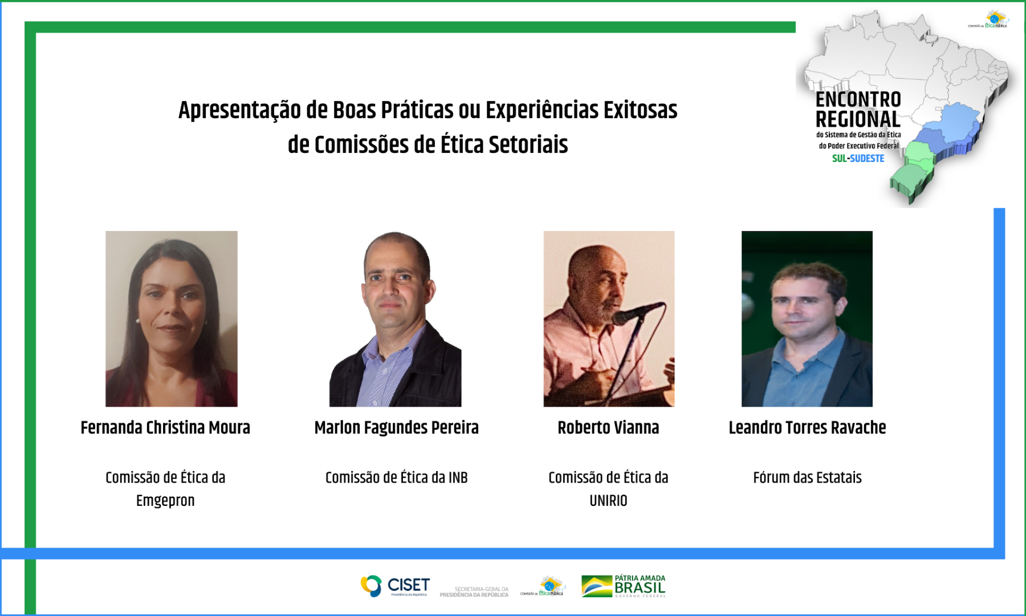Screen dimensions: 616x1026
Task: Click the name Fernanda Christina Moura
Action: (x=165, y=428)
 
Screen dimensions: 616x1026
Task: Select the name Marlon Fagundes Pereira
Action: (x=396, y=428)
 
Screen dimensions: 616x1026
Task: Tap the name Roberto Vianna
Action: (x=608, y=428)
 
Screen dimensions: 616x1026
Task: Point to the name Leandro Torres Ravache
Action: (x=807, y=428)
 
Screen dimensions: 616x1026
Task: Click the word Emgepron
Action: (x=165, y=501)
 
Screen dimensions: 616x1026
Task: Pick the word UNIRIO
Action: (x=608, y=501)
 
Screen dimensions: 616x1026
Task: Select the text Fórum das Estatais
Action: (x=807, y=477)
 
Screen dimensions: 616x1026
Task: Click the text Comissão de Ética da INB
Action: (x=396, y=477)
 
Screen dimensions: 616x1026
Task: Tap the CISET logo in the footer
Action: (x=395, y=586)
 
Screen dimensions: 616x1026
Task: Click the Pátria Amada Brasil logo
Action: (x=624, y=586)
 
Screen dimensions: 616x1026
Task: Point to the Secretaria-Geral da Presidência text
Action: (x=474, y=592)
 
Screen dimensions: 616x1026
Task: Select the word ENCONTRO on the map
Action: (x=858, y=100)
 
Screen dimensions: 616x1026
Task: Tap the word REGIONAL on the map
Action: (x=858, y=120)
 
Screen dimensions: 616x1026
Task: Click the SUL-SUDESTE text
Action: (x=858, y=159)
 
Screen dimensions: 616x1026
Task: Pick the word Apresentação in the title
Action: (x=239, y=110)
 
